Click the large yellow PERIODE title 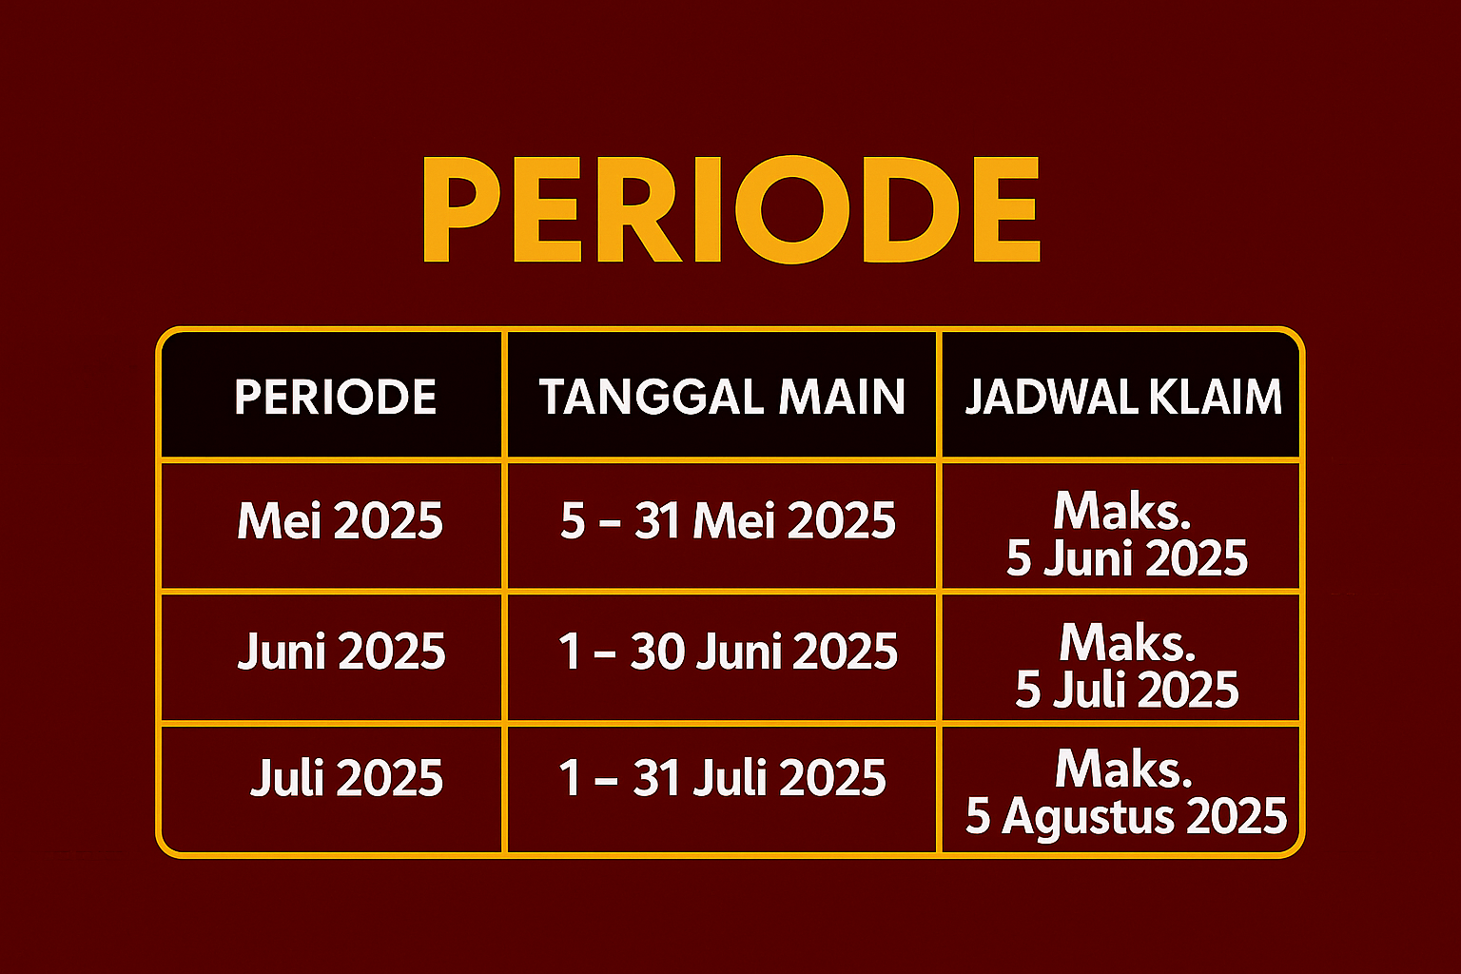tap(731, 209)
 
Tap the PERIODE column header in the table tap(335, 397)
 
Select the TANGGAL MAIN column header tap(722, 397)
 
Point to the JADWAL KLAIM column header tap(1123, 397)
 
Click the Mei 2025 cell tap(340, 520)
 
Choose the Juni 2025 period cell tap(341, 651)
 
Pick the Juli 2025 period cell tap(346, 778)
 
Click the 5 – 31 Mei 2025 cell tap(728, 520)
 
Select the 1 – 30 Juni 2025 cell tap(728, 651)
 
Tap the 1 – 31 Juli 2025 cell tap(723, 778)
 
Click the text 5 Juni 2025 tap(1126, 558)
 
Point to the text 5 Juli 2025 tap(1126, 690)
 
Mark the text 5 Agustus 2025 tap(1126, 816)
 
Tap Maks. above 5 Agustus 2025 tap(1123, 769)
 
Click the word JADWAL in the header tap(1051, 397)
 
